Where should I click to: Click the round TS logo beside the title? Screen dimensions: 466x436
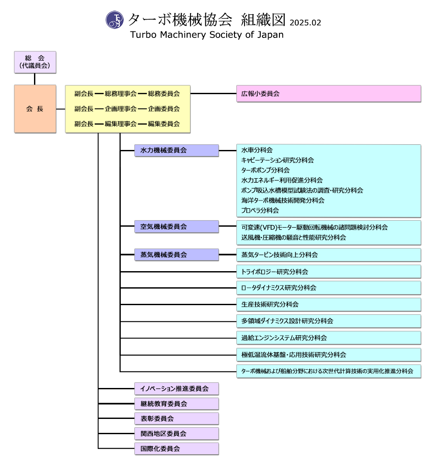click(115, 20)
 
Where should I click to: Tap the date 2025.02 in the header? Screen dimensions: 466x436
click(305, 23)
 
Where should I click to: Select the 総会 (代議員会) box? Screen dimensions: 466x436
click(35, 62)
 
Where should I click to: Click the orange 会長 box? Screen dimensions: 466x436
click(35, 109)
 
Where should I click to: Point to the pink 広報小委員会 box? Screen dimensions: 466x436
click(328, 93)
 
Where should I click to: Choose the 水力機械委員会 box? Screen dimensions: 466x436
click(176, 150)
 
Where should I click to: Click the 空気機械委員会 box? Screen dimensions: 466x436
click(176, 226)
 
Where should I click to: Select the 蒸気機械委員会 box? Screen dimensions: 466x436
click(176, 255)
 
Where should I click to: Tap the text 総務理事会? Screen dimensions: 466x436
click(121, 93)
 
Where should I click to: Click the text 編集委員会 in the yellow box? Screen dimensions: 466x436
click(163, 123)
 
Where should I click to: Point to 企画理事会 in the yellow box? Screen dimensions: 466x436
click(121, 109)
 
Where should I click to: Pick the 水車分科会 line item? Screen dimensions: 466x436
click(257, 150)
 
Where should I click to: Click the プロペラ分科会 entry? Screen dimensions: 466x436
click(260, 210)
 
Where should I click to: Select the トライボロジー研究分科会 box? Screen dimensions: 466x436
click(328, 272)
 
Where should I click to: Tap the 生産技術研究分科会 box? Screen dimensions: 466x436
click(328, 304)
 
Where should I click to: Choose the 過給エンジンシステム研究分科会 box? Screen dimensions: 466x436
click(328, 337)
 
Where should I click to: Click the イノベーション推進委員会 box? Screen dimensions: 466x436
click(176, 388)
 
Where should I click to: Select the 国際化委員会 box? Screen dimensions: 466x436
click(176, 448)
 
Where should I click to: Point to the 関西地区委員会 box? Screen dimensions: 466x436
click(176, 433)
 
